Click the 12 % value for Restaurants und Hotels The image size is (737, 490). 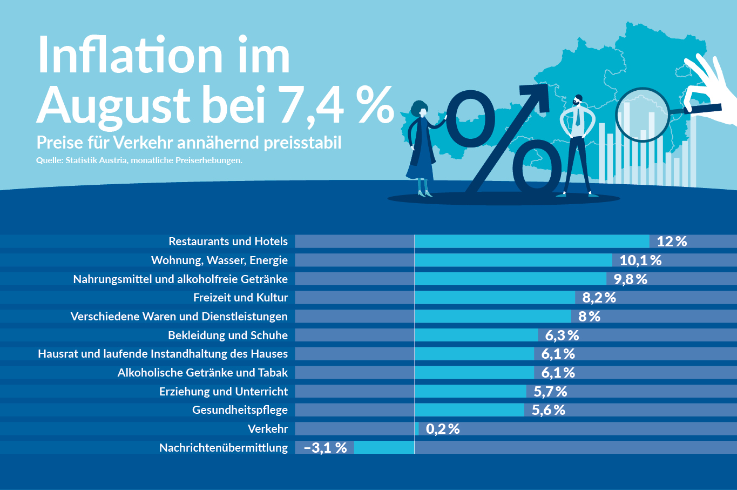pos(672,241)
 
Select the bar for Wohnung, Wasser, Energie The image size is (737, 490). pos(513,260)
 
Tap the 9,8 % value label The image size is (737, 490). pos(630,279)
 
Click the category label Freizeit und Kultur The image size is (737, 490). pos(240,298)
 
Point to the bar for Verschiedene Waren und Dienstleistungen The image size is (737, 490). pos(492,317)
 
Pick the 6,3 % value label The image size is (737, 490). pos(562,335)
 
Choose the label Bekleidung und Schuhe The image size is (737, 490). pos(227,335)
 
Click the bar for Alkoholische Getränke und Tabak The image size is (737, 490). pos(474,373)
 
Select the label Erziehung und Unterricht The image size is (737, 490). pos(223,392)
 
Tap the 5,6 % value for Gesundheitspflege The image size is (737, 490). pos(548,410)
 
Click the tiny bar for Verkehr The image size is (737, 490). pos(417,429)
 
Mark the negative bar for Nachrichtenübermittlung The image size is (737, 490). pos(384,447)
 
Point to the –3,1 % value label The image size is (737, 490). pos(326,448)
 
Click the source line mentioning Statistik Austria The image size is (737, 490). pos(139,160)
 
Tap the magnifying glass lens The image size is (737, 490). pos(643,115)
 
